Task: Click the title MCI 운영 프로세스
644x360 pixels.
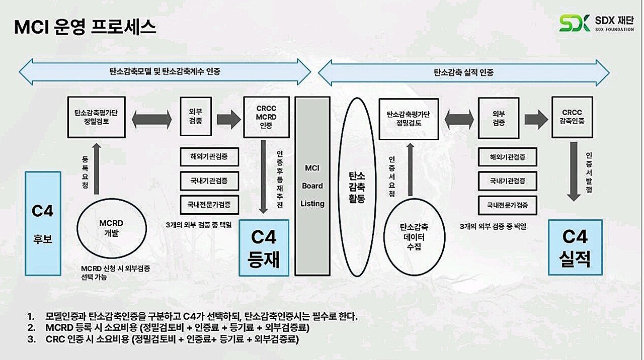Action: [x=85, y=28]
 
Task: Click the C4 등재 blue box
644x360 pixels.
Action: [x=264, y=247]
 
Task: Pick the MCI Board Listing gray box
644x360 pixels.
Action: [x=312, y=186]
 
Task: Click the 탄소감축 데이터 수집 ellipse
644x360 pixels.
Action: [x=415, y=238]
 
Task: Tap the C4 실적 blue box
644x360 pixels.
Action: [x=575, y=247]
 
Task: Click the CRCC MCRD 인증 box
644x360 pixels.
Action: [x=266, y=117]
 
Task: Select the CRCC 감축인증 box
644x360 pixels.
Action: [x=572, y=117]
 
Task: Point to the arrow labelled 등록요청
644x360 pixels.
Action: [x=97, y=167]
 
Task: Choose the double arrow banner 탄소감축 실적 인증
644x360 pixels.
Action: [x=463, y=72]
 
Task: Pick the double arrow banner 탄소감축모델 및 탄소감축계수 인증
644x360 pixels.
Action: [x=165, y=71]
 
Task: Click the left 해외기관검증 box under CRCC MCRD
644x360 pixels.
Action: [x=210, y=157]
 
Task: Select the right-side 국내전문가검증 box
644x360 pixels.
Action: [x=507, y=205]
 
